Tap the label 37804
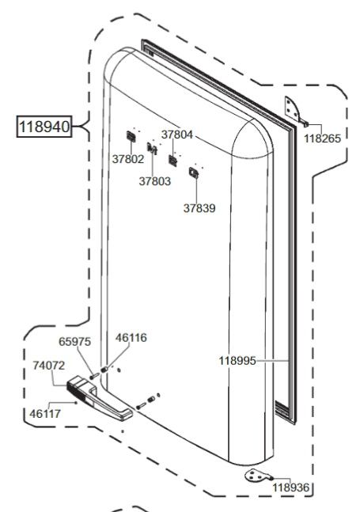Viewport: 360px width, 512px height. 177,135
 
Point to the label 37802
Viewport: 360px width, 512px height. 128,158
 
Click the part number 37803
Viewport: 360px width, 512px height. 155,180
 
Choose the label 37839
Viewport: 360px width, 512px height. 199,208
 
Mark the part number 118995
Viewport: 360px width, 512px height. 237,360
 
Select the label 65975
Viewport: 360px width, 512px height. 76,342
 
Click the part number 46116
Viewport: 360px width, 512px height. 131,337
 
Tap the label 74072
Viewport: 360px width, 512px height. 49,366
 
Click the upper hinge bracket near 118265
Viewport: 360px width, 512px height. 293,109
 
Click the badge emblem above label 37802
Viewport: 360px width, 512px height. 131,138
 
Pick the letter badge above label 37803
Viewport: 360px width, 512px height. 153,149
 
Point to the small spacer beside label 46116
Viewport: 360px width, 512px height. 104,366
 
